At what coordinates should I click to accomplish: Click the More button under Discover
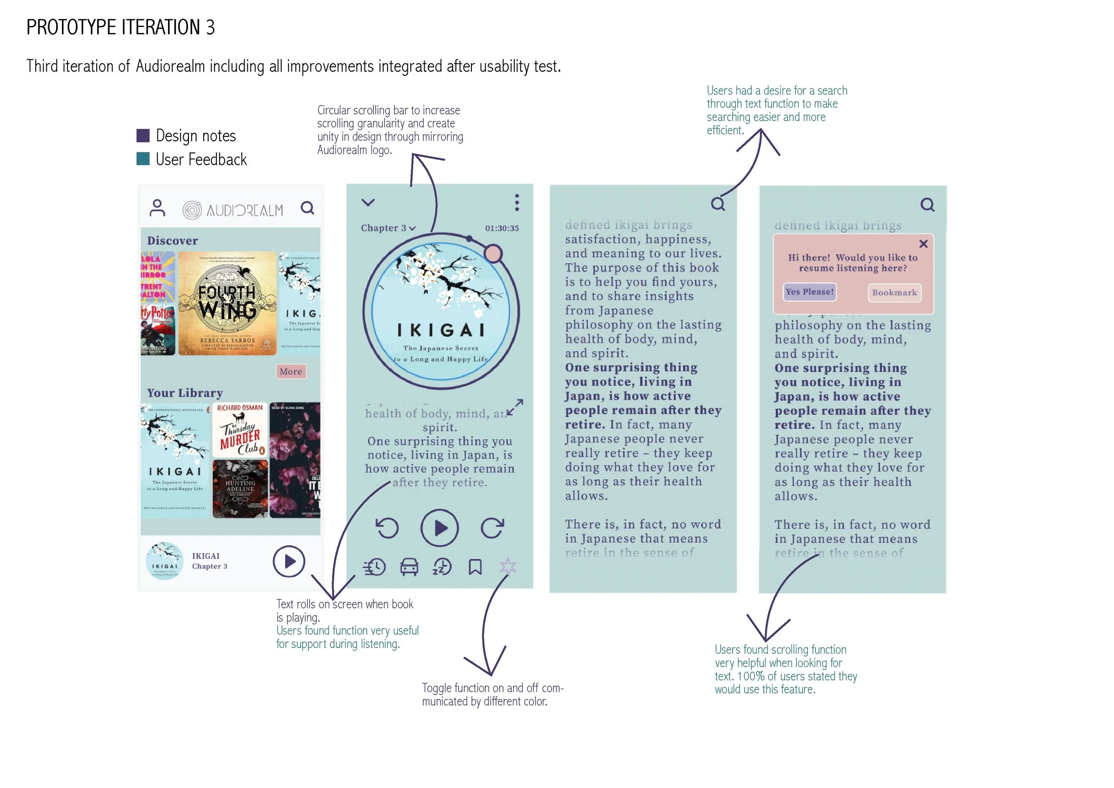pos(291,372)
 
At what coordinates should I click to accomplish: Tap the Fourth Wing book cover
pos(227,303)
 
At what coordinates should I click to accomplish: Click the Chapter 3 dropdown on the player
pos(388,228)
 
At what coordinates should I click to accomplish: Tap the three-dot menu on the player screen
pos(517,203)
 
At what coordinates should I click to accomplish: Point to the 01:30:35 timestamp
pos(502,228)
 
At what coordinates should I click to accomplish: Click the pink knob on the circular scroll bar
pos(493,254)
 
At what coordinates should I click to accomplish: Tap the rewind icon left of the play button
pos(387,528)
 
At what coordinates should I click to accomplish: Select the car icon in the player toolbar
pos(409,567)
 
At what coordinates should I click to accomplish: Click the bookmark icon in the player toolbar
pos(475,567)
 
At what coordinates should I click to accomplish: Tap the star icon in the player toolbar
pos(508,566)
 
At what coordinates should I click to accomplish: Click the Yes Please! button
pos(809,292)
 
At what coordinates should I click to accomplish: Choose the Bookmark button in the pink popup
pos(894,292)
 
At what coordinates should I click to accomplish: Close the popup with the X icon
pos(923,244)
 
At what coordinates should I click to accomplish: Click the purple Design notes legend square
pos(143,135)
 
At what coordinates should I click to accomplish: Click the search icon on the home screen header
pos(307,208)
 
